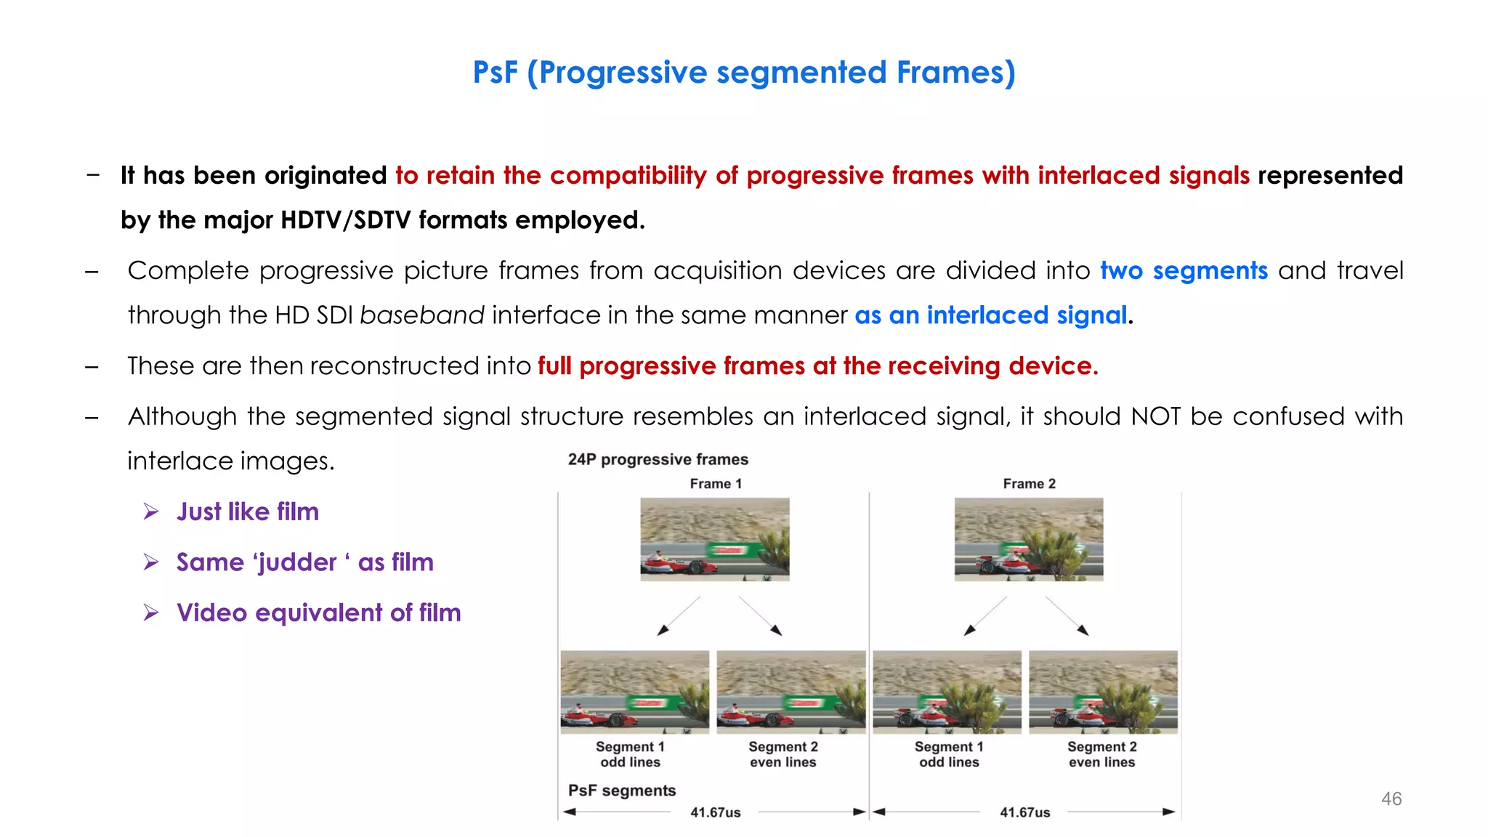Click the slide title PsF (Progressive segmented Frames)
[x=743, y=73]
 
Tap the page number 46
[x=1391, y=798]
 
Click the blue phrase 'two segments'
[x=1184, y=270]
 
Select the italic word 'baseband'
[x=421, y=315]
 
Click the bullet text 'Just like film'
[x=247, y=511]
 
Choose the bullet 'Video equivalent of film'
[x=318, y=612]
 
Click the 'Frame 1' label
[x=716, y=484]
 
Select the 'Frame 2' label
[x=1029, y=484]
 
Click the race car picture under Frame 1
[x=714, y=539]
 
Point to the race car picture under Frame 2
[x=1028, y=539]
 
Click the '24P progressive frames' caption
[x=658, y=459]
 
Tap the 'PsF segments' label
[x=621, y=790]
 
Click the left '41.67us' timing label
[x=715, y=812]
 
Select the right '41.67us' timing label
[x=1024, y=812]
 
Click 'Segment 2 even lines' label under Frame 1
[x=783, y=754]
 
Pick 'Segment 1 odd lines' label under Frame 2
[x=949, y=754]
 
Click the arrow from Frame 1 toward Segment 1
[x=678, y=617]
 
